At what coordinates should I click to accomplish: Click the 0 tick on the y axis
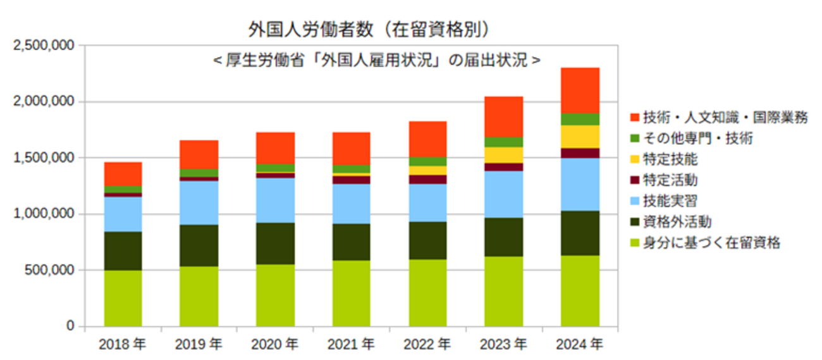(71, 326)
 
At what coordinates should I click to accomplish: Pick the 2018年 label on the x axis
(123, 345)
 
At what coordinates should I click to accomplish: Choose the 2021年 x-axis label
(351, 345)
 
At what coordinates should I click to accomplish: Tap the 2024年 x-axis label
(579, 345)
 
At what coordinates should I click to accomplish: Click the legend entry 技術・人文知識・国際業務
(725, 118)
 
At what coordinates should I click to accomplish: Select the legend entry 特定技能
(670, 159)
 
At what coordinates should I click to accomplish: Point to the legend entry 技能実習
(670, 201)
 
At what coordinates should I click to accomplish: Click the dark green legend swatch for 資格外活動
(634, 221)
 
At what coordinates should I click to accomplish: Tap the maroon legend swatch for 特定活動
(634, 180)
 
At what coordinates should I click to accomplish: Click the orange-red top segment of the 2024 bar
(580, 90)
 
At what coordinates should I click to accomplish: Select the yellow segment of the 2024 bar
(580, 137)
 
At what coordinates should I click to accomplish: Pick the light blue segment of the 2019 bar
(199, 202)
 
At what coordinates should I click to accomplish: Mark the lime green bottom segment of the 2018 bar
(123, 298)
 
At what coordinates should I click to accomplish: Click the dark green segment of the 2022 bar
(427, 240)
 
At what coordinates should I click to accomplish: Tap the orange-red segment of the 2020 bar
(275, 148)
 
